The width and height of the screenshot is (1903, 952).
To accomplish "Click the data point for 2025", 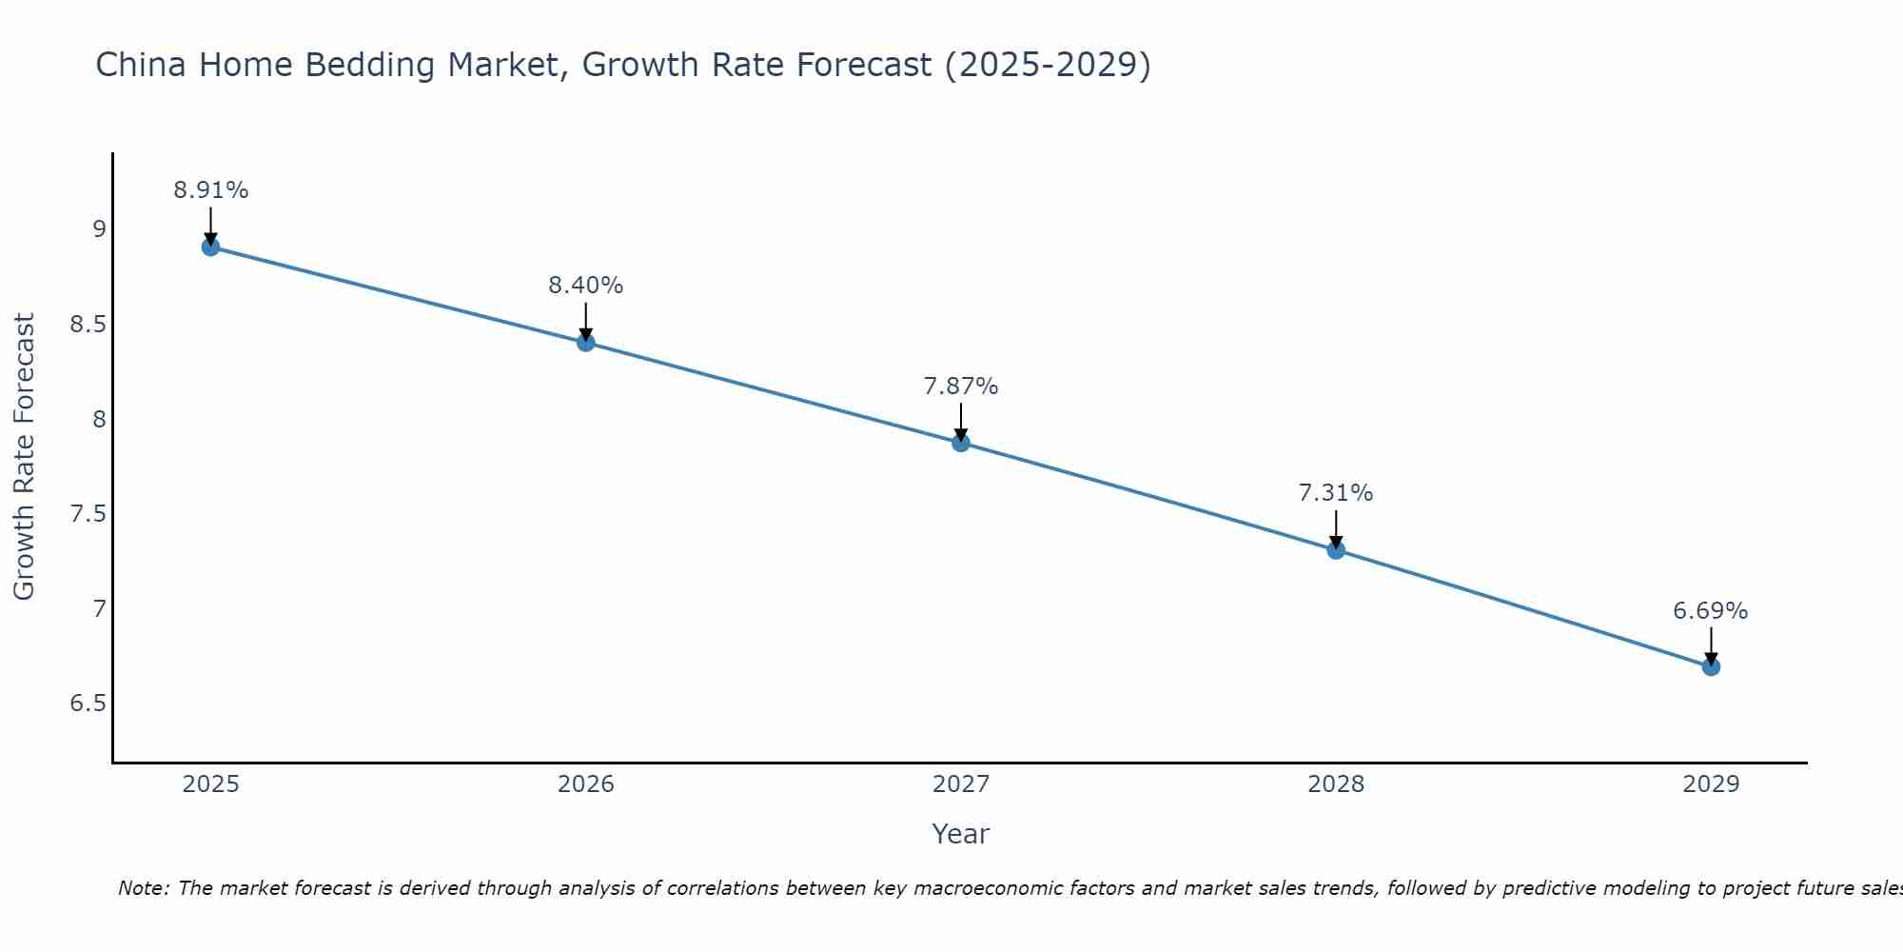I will click(210, 248).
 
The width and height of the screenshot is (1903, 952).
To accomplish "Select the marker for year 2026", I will click(585, 343).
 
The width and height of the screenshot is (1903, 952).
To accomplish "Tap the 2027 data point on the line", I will click(960, 443).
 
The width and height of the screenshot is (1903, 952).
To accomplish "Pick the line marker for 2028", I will click(1335, 549).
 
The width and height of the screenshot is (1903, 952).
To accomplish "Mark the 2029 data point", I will click(1710, 666).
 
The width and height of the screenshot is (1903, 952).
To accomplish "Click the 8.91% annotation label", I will click(210, 190).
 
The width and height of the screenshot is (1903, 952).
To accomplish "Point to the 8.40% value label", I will click(585, 286).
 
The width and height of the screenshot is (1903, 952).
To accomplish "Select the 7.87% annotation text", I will click(960, 387).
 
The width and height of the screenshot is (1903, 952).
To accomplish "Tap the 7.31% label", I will click(1335, 493).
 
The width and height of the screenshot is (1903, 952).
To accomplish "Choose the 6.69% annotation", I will click(1710, 611).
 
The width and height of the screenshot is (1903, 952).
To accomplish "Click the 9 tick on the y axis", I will click(99, 229).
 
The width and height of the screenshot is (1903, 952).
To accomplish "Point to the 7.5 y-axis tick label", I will click(88, 514).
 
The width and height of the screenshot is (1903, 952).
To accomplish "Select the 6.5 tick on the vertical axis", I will click(88, 704).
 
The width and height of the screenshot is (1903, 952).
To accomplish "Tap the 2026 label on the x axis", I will click(585, 784).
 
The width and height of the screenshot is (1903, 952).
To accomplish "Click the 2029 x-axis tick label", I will click(1710, 784).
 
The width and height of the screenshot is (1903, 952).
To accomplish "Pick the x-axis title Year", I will click(960, 834).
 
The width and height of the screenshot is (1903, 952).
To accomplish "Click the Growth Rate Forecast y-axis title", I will click(24, 457).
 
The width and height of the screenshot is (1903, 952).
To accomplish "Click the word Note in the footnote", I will click(143, 888).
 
